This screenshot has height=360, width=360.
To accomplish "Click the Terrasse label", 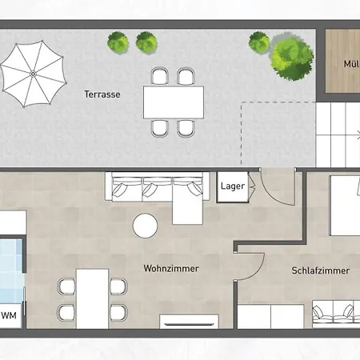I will [x=102, y=94].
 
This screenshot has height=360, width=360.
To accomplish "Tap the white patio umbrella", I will [x=33, y=74].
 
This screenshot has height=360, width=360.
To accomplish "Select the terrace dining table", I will [x=173, y=102].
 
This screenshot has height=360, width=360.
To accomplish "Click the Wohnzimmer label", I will [x=171, y=268].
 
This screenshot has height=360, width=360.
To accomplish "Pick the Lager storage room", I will [x=232, y=187].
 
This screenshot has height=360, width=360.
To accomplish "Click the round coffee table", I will [x=145, y=226].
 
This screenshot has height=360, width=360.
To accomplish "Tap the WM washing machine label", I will [x=10, y=314].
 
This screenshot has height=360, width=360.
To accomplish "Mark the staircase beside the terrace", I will [x=337, y=132].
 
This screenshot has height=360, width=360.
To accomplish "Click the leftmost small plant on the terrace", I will [x=118, y=41].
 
